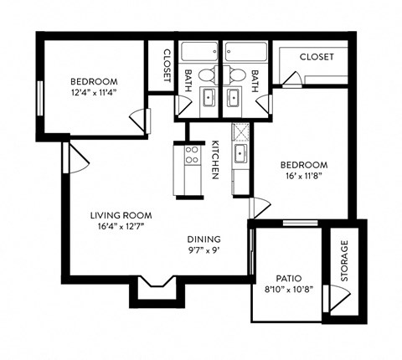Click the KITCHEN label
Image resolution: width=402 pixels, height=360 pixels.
click(x=214, y=159)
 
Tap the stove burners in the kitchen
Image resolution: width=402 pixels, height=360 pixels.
click(x=191, y=155)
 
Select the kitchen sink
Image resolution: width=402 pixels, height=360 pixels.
click(x=240, y=153)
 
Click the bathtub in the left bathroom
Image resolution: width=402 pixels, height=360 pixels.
click(x=198, y=50)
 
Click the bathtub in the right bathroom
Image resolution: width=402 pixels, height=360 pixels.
click(x=245, y=50)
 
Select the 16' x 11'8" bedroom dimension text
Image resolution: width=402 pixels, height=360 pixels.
click(x=302, y=177)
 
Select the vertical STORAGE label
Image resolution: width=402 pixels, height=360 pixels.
click(x=343, y=262)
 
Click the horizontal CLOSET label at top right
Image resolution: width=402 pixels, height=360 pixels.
click(x=316, y=57)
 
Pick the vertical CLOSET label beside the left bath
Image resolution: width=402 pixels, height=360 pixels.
click(x=166, y=64)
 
